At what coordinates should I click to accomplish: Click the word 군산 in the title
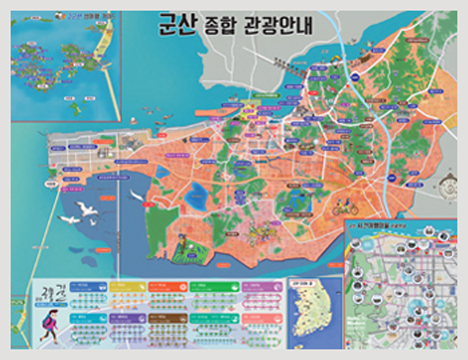(169, 25)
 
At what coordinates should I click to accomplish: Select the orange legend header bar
(166, 284)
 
